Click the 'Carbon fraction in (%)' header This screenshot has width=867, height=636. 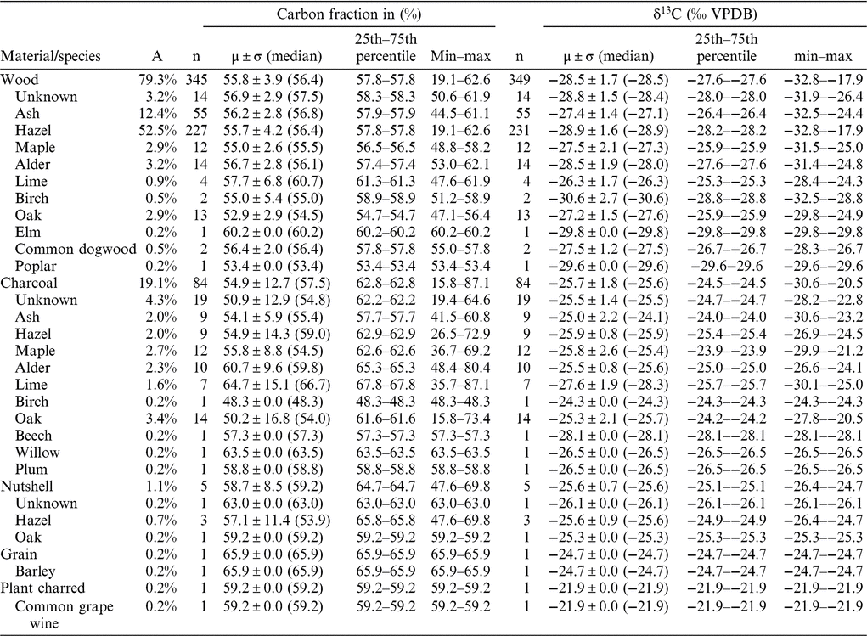coord(351,14)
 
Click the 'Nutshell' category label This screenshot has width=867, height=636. coord(27,487)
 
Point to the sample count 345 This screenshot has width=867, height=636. coord(196,79)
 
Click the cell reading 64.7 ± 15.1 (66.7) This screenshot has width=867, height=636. coord(276,385)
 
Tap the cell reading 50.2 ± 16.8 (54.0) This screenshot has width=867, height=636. coord(276,419)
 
